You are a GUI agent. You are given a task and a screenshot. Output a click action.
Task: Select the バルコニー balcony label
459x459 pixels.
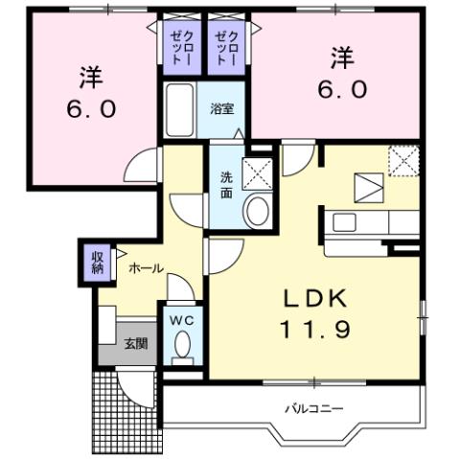(x=313, y=409)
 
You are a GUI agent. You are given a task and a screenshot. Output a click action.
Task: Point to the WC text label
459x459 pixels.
(x=182, y=322)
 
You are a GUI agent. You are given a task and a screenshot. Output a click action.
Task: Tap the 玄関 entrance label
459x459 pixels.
(x=135, y=343)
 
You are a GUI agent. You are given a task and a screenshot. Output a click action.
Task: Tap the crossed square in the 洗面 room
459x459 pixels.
(x=256, y=173)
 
